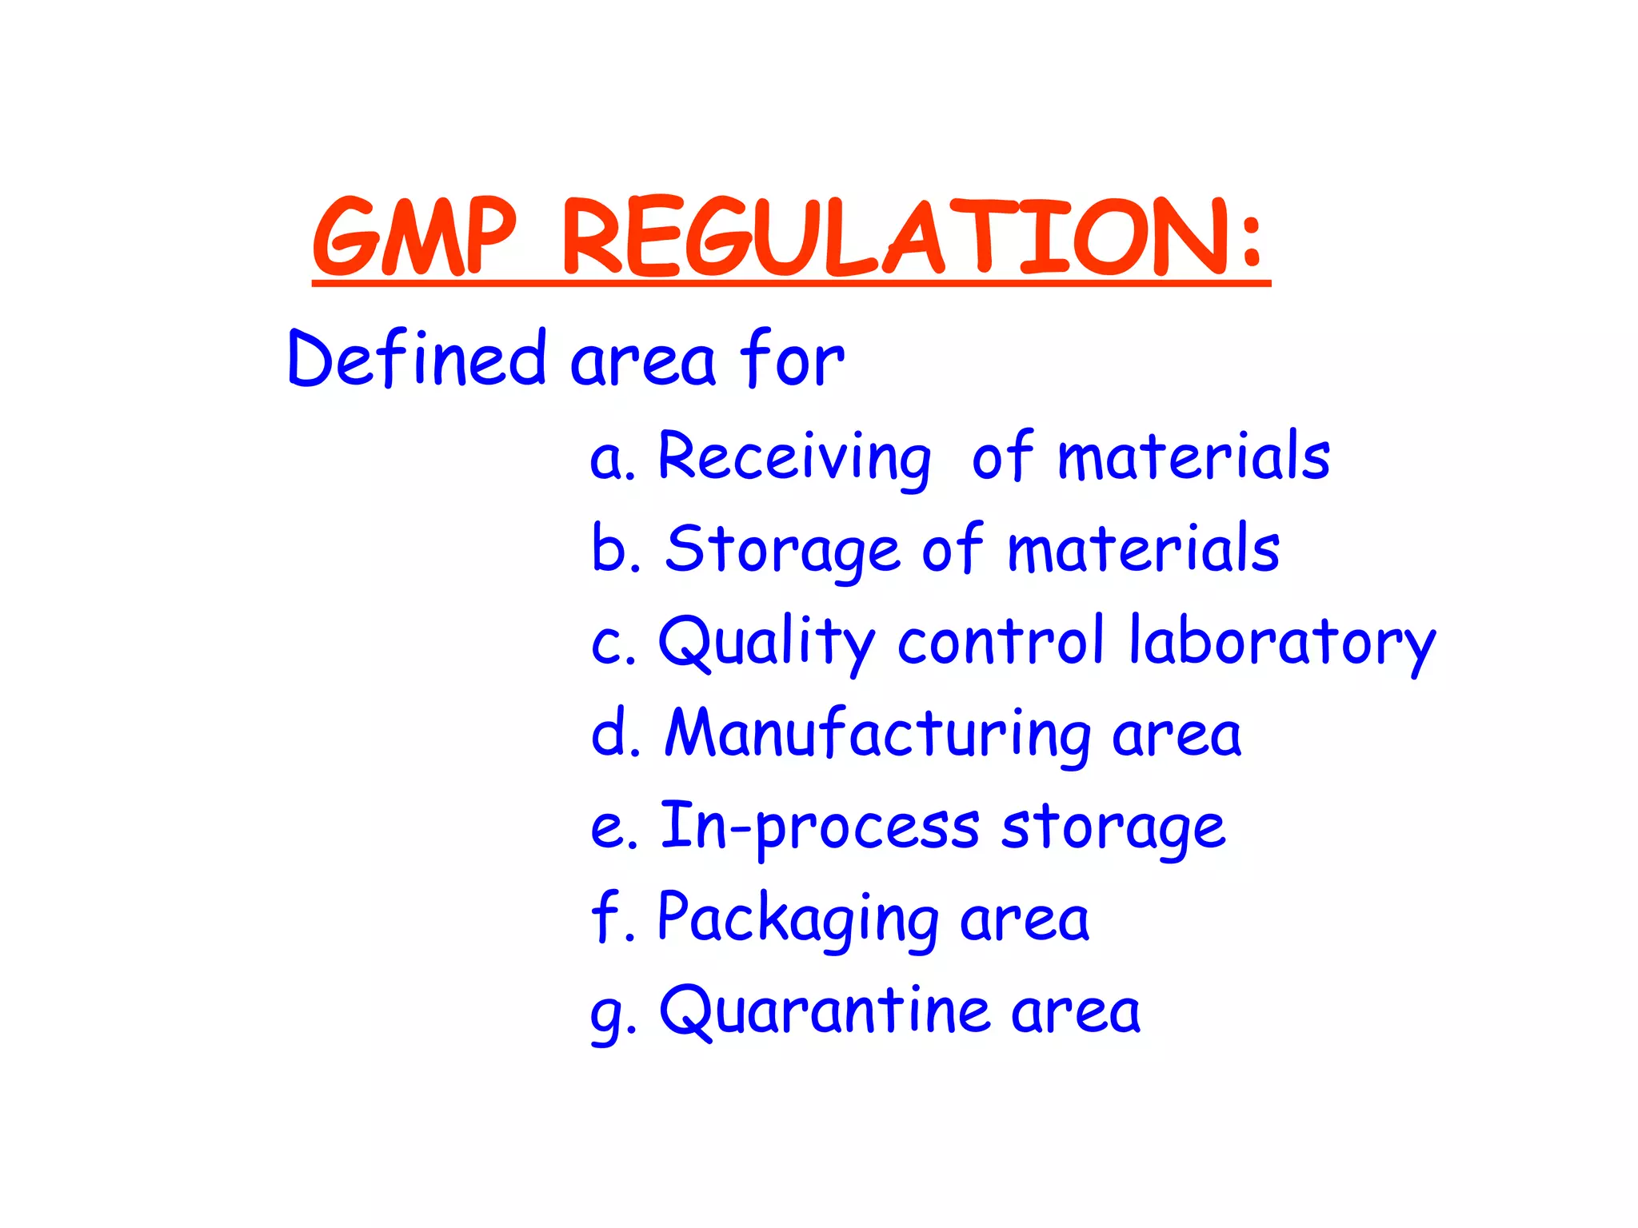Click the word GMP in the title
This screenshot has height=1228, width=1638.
[x=413, y=237]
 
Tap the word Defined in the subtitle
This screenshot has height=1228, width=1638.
[x=416, y=359]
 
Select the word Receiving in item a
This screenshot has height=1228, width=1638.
[x=794, y=457]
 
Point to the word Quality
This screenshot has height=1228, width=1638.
[x=766, y=643]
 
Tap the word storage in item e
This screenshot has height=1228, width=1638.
[x=1113, y=827]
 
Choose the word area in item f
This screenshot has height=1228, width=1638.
[x=1025, y=919]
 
